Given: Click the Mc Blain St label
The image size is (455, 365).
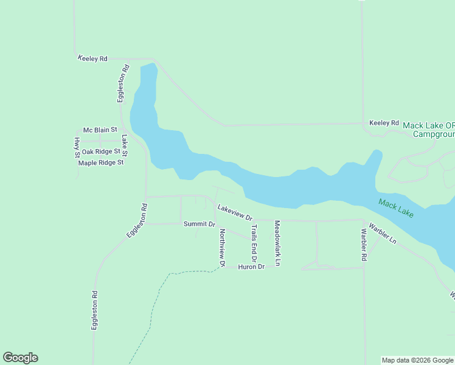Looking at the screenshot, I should point(100,130).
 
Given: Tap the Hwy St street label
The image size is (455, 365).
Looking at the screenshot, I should point(77,147).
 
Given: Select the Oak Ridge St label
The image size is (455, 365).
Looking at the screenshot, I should point(101,151).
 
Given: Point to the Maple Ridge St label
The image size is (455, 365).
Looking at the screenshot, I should point(101,162).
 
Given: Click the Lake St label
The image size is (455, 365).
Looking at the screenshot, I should point(125,145).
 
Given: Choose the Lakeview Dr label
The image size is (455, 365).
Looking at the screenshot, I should point(235,212).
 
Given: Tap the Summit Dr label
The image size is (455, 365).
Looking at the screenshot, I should point(200,224).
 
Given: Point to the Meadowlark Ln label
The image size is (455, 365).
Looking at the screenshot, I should point(277,243).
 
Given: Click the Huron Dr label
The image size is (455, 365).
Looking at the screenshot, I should point(251,267).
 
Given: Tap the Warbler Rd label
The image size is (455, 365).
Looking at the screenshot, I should point(363,245).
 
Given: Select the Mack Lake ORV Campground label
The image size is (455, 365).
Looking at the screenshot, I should point(429,128).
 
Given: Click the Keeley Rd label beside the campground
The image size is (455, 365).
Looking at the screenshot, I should point(384,123).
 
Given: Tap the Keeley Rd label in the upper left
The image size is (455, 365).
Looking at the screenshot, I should point(92,58).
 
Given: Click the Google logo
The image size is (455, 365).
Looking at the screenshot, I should point(20,358).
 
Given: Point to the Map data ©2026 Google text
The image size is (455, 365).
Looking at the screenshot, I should point(418,360).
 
